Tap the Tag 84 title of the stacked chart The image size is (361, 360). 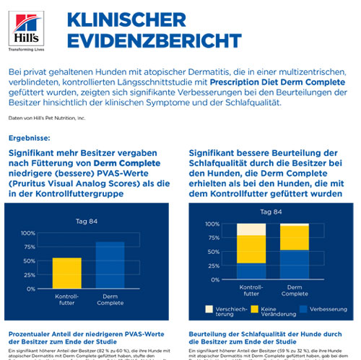point(270,211)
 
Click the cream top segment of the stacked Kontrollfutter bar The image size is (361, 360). point(251,229)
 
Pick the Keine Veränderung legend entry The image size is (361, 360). point(269,312)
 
